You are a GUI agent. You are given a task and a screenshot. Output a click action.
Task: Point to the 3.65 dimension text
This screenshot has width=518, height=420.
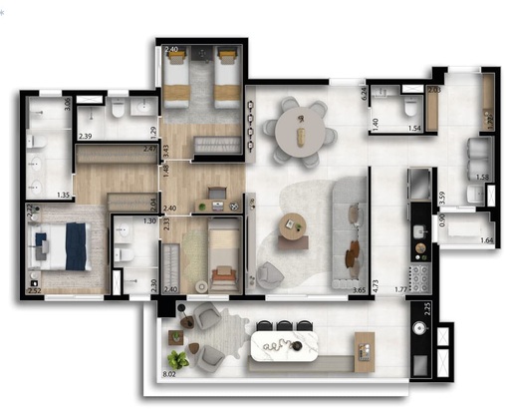tap(358, 290)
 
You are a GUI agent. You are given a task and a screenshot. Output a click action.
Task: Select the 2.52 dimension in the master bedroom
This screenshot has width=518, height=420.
tap(35, 290)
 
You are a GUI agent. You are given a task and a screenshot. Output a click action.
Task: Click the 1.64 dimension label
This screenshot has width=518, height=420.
tap(486, 240)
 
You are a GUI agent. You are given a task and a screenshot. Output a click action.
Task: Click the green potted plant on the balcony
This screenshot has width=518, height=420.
tap(176, 359)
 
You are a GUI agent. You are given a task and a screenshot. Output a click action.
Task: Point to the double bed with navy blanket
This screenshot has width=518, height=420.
tap(64, 245)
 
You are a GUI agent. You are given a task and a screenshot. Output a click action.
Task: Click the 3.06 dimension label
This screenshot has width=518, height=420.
tap(67, 103)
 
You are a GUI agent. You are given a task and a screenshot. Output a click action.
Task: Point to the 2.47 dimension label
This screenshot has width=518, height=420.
tap(149, 150)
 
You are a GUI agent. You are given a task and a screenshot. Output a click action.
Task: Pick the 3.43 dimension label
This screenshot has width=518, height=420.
tap(165, 151)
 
